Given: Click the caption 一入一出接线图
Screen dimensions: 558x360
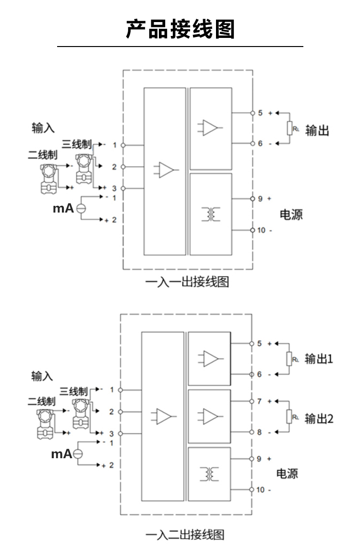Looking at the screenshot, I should (x=187, y=282).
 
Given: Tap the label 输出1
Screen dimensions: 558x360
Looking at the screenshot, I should (x=319, y=359).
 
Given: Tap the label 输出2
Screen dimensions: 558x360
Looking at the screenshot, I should (x=319, y=418).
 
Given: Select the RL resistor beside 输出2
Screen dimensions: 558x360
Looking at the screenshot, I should (x=289, y=416).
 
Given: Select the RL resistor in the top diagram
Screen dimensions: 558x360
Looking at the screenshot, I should (x=290, y=129).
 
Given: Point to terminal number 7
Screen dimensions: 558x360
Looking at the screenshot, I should (x=259, y=401).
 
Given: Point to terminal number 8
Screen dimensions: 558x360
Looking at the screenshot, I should (x=259, y=432).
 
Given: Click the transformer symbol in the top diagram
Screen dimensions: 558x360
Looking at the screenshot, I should (x=211, y=214).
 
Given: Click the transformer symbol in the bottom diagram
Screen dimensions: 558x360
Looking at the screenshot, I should (x=210, y=474).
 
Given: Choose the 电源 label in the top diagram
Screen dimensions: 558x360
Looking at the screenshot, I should (x=291, y=214).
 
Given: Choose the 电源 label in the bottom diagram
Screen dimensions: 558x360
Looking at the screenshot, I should (x=287, y=474).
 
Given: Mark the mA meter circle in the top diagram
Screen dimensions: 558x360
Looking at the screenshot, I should (x=81, y=208).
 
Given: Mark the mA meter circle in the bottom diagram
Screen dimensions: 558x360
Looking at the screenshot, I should (x=78, y=453).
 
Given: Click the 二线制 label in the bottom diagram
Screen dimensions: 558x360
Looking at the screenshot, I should (x=41, y=401).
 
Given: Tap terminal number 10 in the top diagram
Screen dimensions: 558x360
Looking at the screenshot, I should (x=261, y=230).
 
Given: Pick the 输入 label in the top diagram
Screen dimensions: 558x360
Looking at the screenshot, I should (x=43, y=128).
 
